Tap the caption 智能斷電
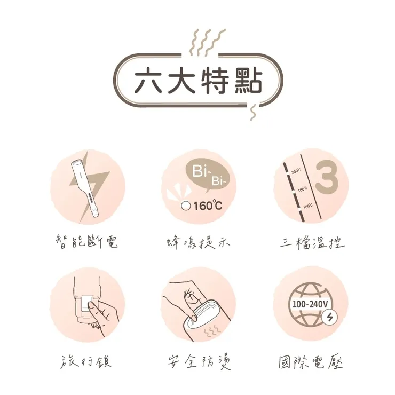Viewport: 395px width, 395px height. pos(86,243)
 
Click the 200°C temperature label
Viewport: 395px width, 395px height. pos(296,170)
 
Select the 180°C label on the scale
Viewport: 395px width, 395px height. pos(302,188)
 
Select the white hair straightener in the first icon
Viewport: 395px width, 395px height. pos(85,187)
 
